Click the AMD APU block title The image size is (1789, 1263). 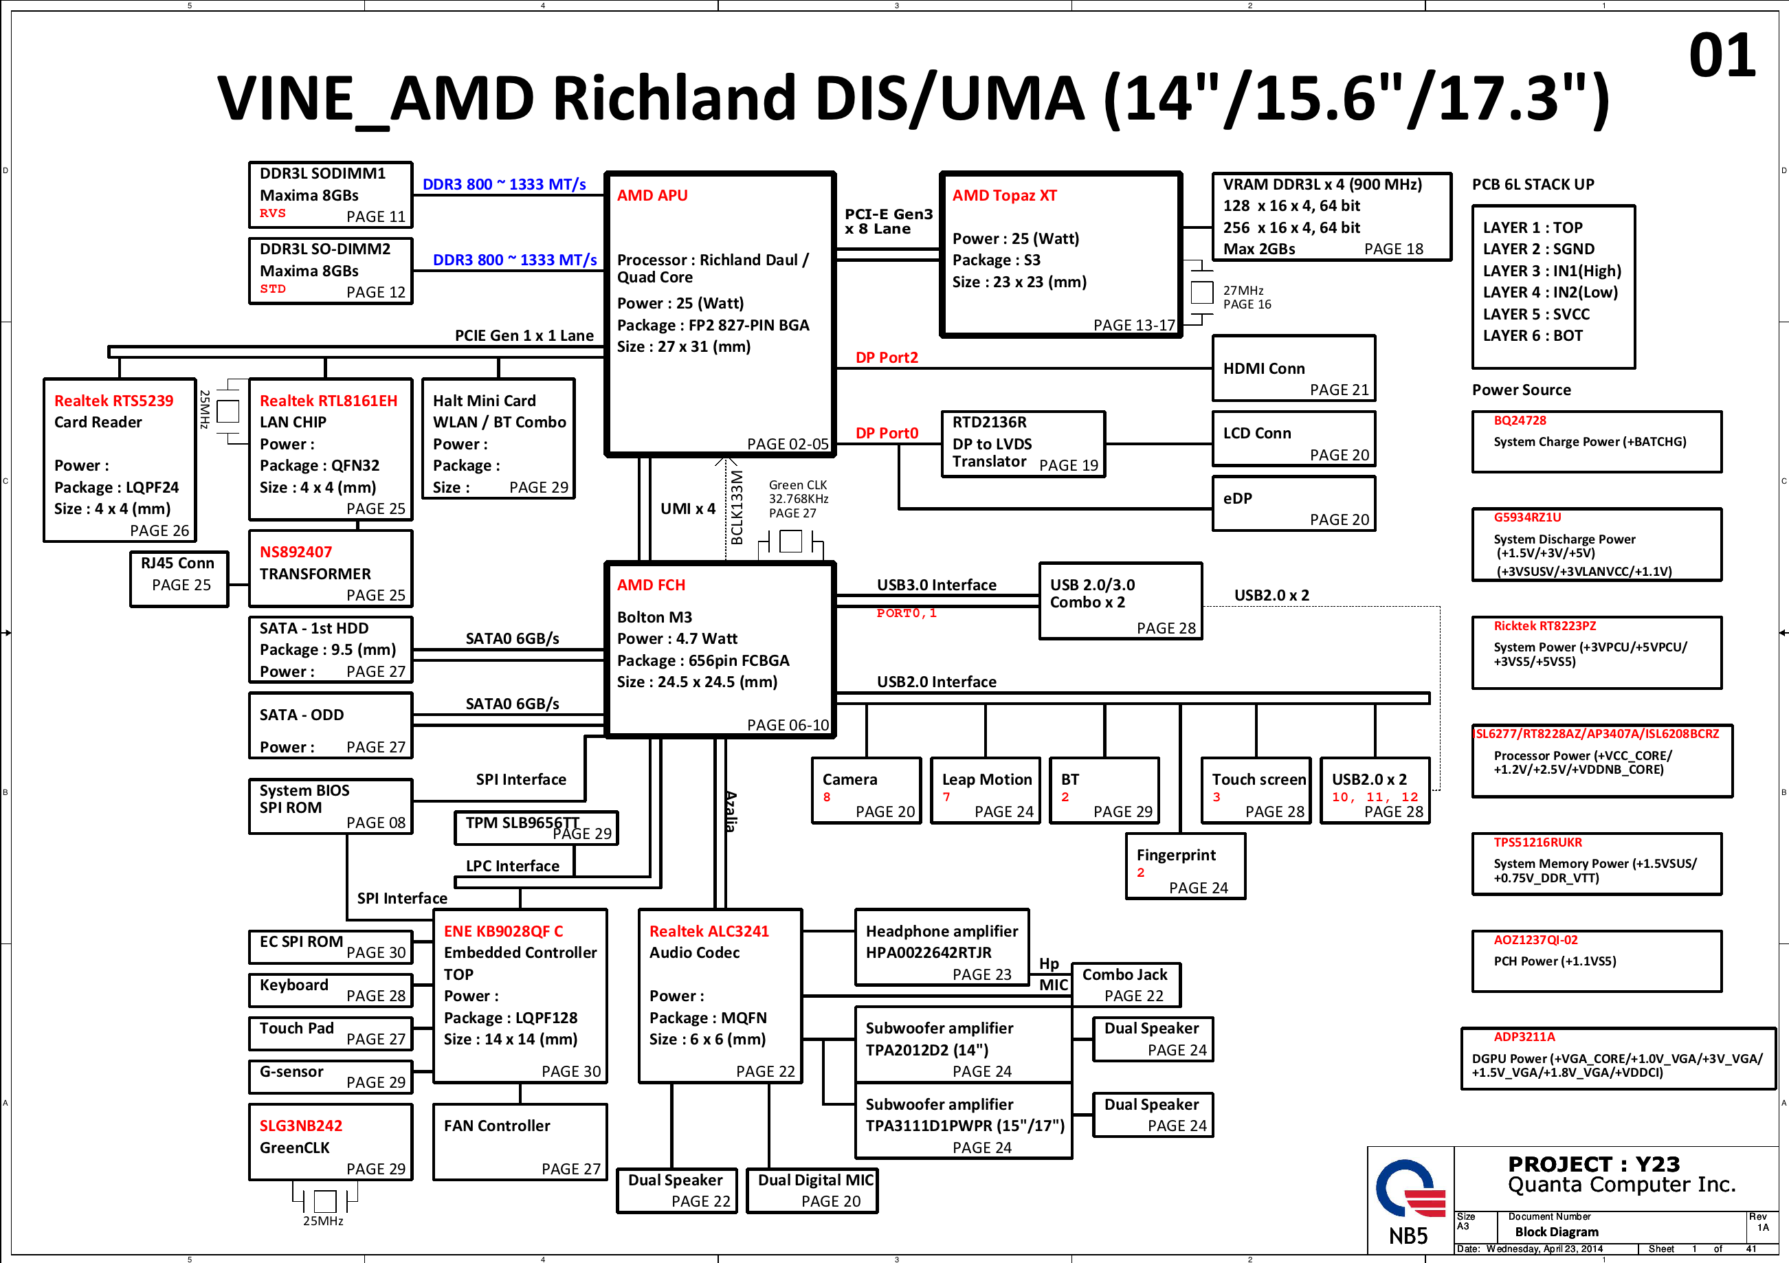pos(652,196)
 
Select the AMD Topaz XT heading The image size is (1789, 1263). pos(1004,196)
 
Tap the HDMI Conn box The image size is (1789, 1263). pos(1293,368)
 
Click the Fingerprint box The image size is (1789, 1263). pos(1185,866)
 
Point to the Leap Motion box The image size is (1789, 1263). pos(986,790)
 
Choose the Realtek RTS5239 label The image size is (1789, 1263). pos(114,401)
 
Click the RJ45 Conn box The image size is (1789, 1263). pos(179,579)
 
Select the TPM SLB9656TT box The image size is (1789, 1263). pos(536,828)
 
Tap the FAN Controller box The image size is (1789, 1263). pos(520,1141)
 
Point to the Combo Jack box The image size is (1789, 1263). pos(1126,985)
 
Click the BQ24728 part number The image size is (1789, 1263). pos(1520,421)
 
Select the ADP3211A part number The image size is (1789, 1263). pos(1524,1037)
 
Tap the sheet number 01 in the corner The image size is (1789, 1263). pos(1722,56)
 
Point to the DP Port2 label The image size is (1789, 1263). pos(887,357)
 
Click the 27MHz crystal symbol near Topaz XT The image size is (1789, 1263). pos(1201,293)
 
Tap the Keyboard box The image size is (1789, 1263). pos(331,990)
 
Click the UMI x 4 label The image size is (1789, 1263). pos(688,508)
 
